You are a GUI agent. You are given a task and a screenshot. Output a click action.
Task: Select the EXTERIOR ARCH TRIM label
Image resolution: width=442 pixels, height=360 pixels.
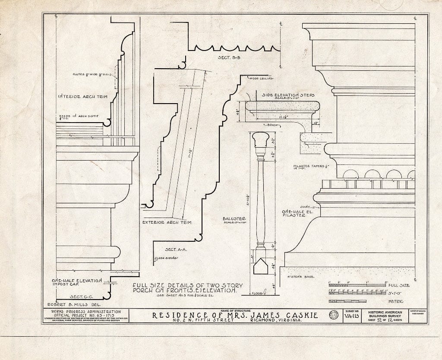167,223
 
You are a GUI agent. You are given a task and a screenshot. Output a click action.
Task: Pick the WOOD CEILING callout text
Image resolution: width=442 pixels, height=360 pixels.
262,78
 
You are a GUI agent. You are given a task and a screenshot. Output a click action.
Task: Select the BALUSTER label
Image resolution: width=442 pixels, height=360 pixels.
232,219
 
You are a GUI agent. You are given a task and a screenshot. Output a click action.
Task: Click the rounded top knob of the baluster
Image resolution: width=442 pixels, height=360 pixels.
261,139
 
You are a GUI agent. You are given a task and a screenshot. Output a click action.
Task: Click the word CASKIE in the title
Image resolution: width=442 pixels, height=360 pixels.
297,316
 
